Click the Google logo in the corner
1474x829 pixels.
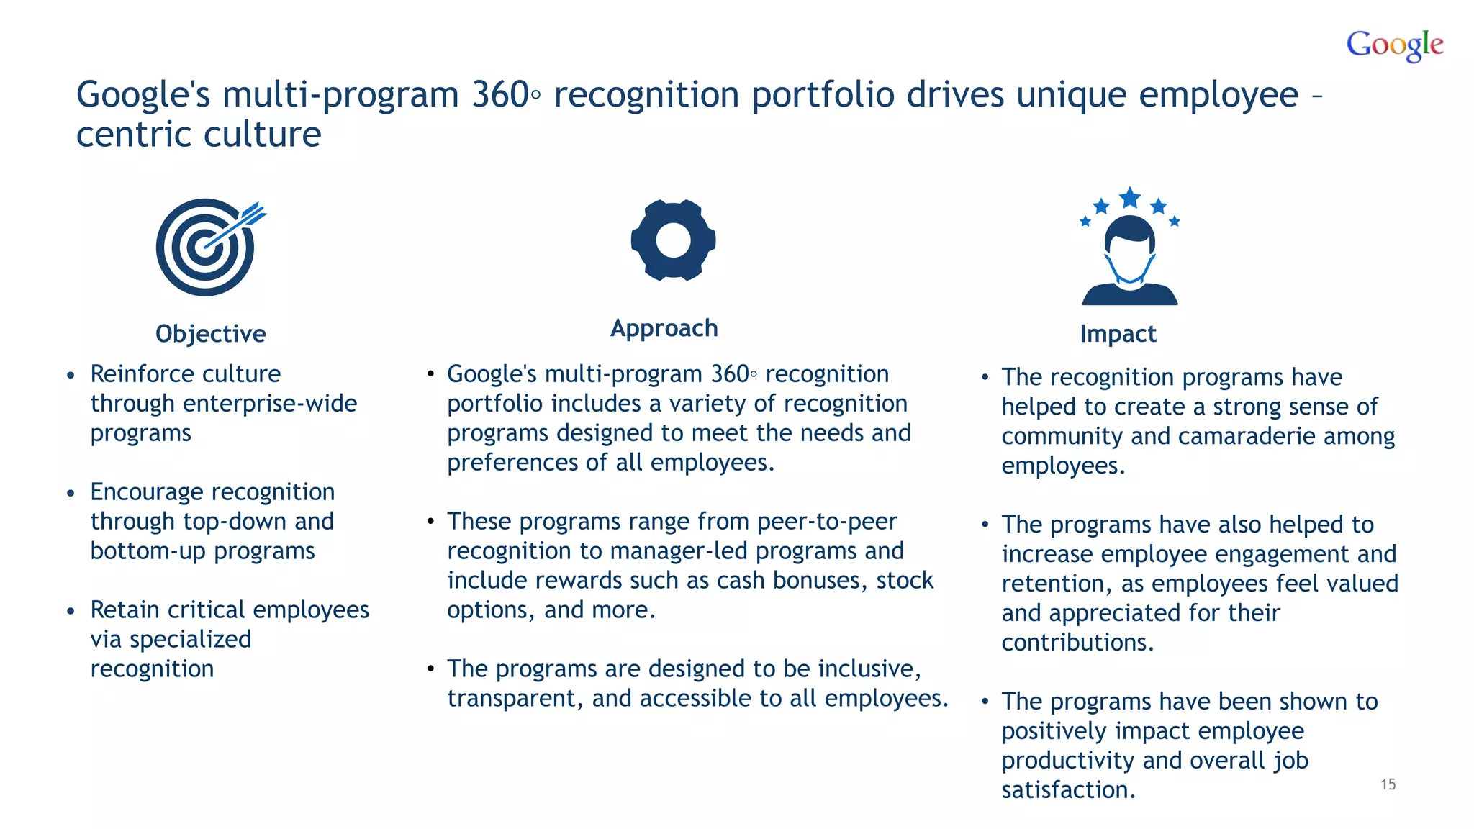click(x=1394, y=45)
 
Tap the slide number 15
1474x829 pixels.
click(x=1388, y=784)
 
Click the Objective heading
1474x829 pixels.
click(x=211, y=334)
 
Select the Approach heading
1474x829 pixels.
click(x=664, y=328)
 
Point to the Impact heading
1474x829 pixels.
click(x=1118, y=334)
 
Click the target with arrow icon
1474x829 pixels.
click(x=207, y=247)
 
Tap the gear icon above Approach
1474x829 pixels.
click(x=673, y=240)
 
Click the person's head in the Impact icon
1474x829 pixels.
click(x=1130, y=245)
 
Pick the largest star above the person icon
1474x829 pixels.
click(x=1130, y=197)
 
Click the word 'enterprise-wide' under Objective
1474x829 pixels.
click(x=270, y=404)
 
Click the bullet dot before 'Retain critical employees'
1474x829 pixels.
click(x=71, y=611)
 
